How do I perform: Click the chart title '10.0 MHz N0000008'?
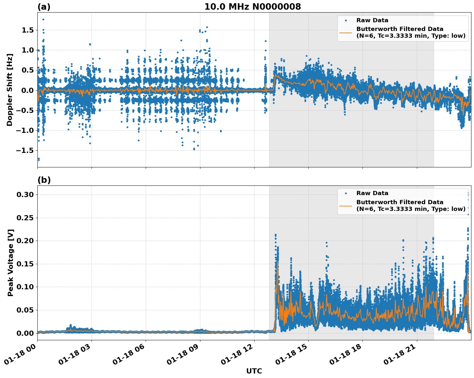click(x=253, y=7)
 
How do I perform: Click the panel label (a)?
click(x=44, y=7)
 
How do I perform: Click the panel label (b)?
click(x=44, y=180)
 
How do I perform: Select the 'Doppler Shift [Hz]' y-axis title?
click(x=10, y=90)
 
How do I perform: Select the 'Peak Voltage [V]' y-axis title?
click(x=11, y=263)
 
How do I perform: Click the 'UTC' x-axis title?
click(x=254, y=371)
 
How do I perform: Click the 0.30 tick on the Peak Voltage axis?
click(x=25, y=194)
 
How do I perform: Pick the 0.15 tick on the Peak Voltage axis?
click(x=25, y=264)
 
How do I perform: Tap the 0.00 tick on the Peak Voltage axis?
click(x=25, y=333)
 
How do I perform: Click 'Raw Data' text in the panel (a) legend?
click(x=372, y=20)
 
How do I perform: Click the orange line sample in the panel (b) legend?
click(x=346, y=205)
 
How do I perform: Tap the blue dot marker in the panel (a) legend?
click(x=346, y=20)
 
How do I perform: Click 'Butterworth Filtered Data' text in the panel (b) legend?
click(x=400, y=202)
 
